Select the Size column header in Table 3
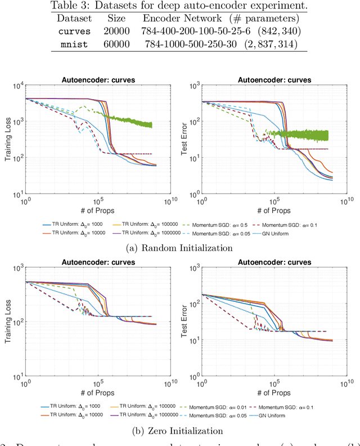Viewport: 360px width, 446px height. tap(116, 17)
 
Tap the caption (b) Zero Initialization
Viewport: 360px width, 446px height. tap(180, 431)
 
